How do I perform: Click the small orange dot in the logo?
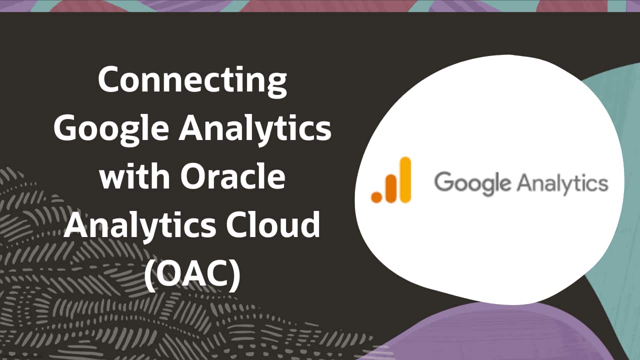tap(376, 197)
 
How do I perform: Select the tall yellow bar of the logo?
tap(405, 180)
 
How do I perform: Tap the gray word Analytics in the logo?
tap(562, 183)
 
